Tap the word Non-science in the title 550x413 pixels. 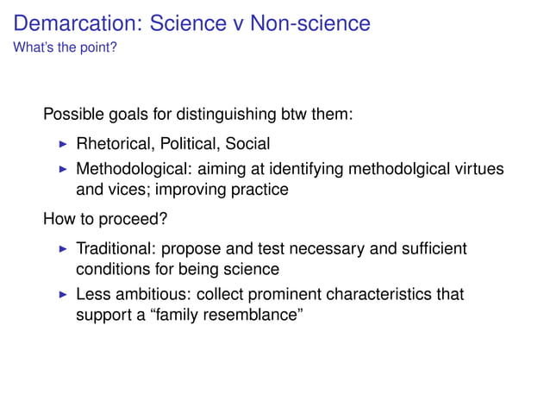click(309, 23)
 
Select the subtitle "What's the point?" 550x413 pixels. click(65, 47)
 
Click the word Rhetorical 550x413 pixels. click(114, 144)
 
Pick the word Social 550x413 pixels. click(247, 144)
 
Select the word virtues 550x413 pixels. click(478, 168)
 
